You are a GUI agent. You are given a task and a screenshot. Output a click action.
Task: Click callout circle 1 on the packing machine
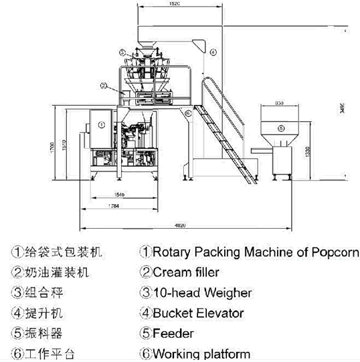pos(100,124)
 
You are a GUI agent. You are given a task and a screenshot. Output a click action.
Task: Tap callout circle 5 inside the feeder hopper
pos(281,127)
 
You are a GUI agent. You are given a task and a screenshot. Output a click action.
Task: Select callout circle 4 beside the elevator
pos(213,51)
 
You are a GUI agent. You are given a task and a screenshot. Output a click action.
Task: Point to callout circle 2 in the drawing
pos(104,86)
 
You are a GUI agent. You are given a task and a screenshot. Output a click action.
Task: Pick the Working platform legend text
pos(201,353)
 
